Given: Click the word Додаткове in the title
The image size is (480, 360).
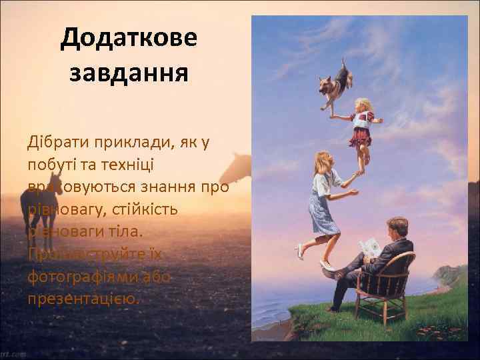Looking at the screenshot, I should point(129,38).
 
